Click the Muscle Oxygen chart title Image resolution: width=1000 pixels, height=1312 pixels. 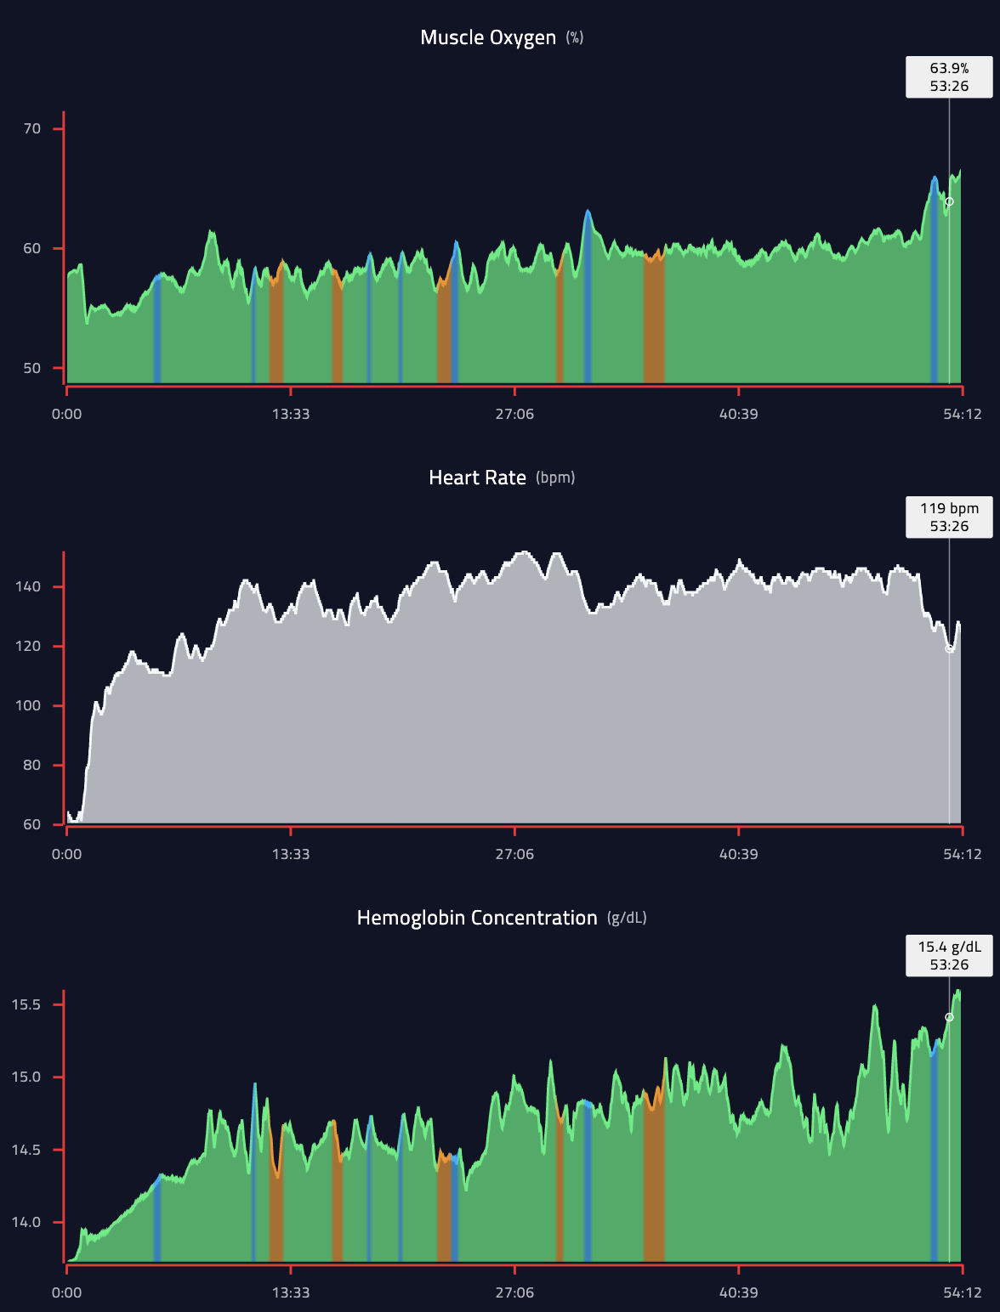488,37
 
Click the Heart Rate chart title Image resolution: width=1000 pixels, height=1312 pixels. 477,478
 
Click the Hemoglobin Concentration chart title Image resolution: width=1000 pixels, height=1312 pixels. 477,918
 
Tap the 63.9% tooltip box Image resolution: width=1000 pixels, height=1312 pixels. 949,77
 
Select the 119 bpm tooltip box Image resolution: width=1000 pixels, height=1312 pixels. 949,517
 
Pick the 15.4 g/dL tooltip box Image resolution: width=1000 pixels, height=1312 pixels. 949,956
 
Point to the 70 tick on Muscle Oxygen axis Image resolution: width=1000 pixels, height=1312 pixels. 32,129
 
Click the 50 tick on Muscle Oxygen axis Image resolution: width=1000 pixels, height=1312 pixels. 32,368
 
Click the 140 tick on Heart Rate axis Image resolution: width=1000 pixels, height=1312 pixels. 27,586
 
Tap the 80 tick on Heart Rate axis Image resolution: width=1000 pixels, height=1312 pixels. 31,765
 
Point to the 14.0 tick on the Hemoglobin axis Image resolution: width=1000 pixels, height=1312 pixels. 26,1222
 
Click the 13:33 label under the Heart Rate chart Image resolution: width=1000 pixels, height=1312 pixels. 291,854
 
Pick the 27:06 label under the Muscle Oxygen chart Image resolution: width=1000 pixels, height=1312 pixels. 514,414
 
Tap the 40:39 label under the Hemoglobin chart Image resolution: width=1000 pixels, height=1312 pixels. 738,1292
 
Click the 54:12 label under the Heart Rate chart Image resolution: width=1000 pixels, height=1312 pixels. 962,854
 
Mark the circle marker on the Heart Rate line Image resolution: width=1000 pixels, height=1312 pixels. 950,648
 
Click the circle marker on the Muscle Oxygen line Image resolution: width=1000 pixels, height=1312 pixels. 950,201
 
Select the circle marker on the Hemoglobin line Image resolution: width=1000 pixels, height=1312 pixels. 950,1017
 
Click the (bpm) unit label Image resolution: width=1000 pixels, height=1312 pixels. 555,478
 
